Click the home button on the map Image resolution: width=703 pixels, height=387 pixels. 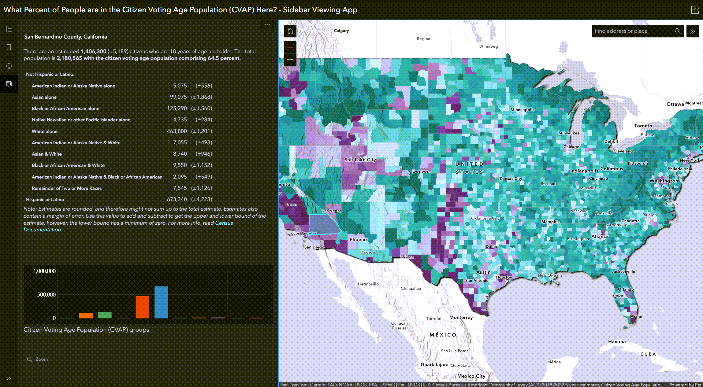click(x=290, y=31)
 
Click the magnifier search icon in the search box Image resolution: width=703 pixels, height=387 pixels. click(x=677, y=31)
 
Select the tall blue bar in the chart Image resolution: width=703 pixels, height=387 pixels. click(x=161, y=302)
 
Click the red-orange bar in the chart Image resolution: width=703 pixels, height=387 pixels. click(x=142, y=307)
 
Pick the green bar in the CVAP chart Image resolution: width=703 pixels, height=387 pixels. click(x=105, y=315)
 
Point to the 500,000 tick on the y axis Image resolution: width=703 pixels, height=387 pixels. click(x=46, y=295)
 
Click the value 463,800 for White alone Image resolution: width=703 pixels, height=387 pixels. click(x=177, y=131)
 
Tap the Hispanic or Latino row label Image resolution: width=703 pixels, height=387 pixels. click(x=45, y=200)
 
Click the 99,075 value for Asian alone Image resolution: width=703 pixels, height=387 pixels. click(x=178, y=97)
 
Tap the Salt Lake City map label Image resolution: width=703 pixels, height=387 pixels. click(x=360, y=160)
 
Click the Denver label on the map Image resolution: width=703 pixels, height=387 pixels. click(x=420, y=171)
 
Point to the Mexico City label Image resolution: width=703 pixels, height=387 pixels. click(x=471, y=376)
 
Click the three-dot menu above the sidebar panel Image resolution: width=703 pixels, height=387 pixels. click(x=267, y=25)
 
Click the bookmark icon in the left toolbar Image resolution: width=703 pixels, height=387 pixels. click(x=9, y=47)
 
